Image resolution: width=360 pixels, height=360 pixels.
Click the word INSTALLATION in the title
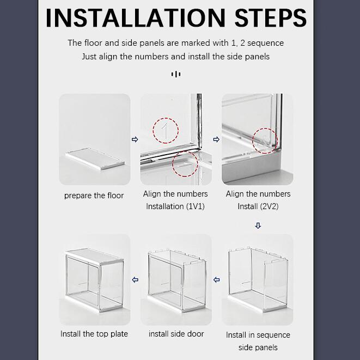coord(136,18)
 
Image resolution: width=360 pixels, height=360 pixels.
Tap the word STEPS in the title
coord(271,18)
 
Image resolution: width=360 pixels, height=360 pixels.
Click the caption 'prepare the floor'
coord(94,196)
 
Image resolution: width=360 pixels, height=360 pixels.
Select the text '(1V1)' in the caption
coord(195,206)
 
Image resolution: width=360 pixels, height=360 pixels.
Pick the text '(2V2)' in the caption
coord(269,206)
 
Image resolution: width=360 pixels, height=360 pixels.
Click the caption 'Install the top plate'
coord(94,334)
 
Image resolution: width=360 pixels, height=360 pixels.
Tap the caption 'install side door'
coord(176,334)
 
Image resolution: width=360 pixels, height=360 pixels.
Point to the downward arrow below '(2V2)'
coord(258,225)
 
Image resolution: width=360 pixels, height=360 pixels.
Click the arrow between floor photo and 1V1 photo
coord(135,139)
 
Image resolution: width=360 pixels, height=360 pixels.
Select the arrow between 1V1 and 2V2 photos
coord(216,139)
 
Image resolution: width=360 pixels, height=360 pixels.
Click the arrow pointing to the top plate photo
coord(135,279)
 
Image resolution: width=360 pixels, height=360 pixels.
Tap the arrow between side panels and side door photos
coord(217,279)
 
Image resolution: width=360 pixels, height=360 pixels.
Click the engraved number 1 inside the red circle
coord(164,131)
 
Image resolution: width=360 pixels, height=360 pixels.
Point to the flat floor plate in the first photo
coord(95,158)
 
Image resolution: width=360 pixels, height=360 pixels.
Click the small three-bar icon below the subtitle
coord(176,74)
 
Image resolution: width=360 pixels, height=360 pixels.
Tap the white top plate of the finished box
coord(95,256)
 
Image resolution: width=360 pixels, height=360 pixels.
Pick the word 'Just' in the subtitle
coord(89,57)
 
